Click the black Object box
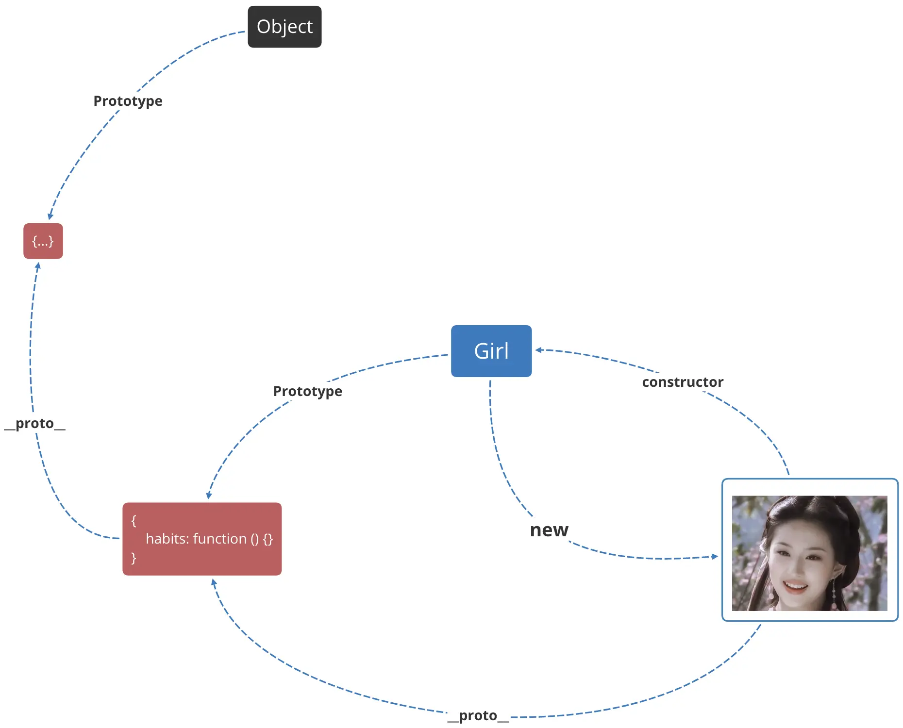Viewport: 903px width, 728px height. [284, 27]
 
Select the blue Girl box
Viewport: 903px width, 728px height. [491, 351]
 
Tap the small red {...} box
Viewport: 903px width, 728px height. [43, 241]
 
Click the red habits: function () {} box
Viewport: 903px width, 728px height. [202, 539]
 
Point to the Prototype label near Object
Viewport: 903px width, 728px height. [128, 101]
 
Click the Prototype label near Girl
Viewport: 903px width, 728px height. [308, 391]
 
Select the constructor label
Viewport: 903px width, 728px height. [683, 382]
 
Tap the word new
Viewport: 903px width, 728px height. [549, 530]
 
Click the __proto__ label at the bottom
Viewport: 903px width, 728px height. [478, 715]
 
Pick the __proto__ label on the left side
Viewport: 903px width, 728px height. [34, 423]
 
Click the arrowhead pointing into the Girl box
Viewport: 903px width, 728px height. [538, 350]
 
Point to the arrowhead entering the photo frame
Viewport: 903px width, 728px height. [715, 556]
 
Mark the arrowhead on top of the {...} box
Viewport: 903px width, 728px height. [50, 216]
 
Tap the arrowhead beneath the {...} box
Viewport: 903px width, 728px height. [38, 266]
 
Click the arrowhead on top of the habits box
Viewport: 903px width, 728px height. [209, 496]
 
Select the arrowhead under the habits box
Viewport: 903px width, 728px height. [214, 582]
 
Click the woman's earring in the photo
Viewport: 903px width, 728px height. [834, 592]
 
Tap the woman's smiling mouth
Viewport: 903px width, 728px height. [795, 586]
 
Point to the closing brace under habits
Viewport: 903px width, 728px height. [134, 558]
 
